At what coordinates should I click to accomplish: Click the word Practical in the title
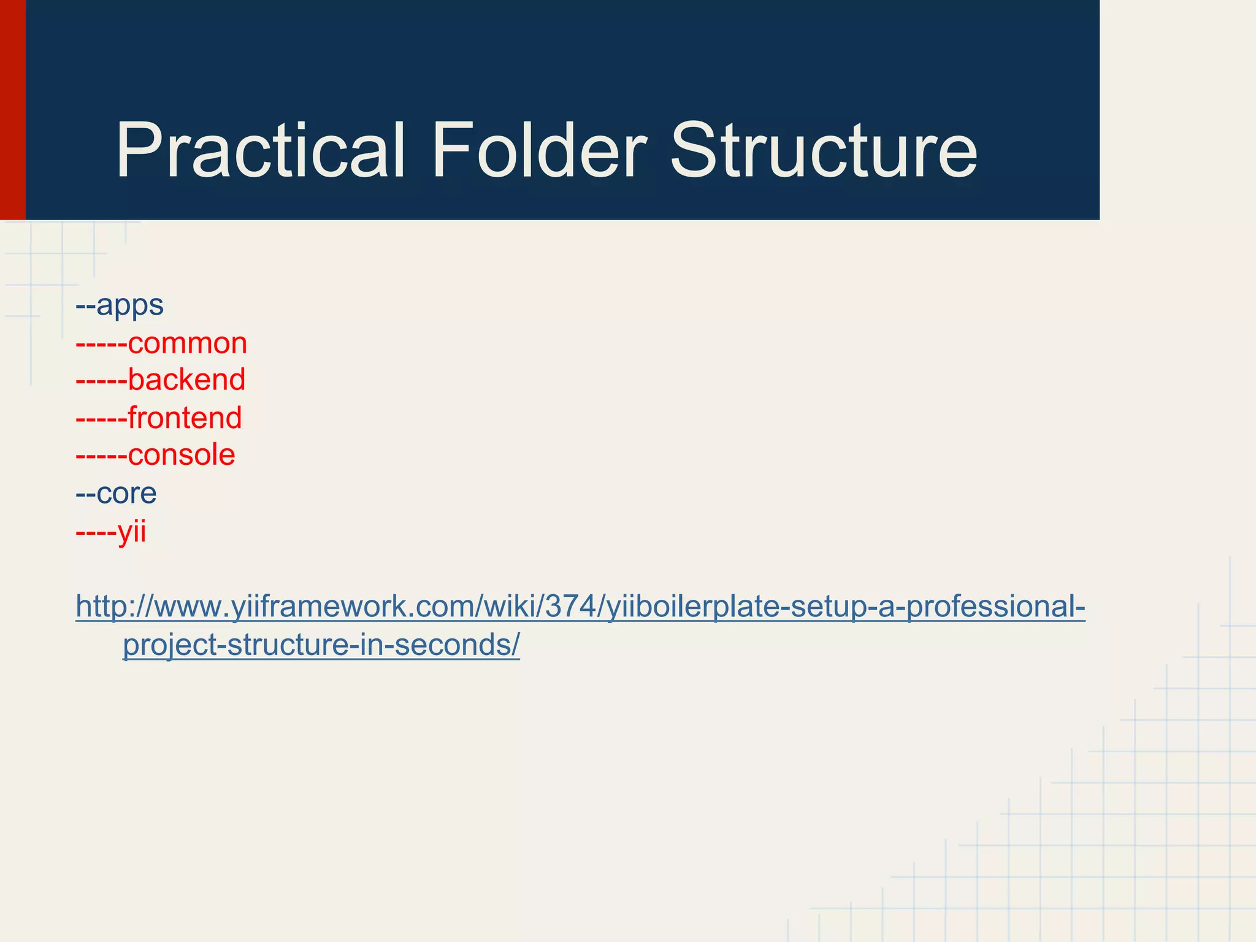(x=261, y=151)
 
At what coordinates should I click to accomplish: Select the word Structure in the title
(x=823, y=151)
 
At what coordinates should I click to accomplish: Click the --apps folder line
(x=120, y=305)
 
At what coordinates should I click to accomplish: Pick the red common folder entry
(x=187, y=343)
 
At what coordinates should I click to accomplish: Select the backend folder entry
(x=186, y=380)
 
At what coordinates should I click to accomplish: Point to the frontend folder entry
(x=185, y=418)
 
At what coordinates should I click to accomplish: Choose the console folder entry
(x=181, y=455)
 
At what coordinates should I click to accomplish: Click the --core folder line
(x=117, y=493)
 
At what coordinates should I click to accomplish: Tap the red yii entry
(x=132, y=531)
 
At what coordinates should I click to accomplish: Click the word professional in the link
(x=990, y=607)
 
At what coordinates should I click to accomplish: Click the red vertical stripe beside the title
(x=12, y=110)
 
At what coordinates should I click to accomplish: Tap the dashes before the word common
(x=101, y=344)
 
